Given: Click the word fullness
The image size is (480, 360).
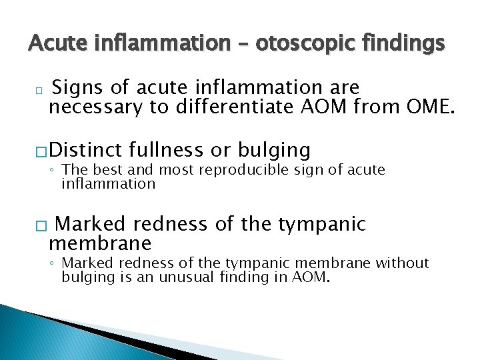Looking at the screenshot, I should click(172, 149).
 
